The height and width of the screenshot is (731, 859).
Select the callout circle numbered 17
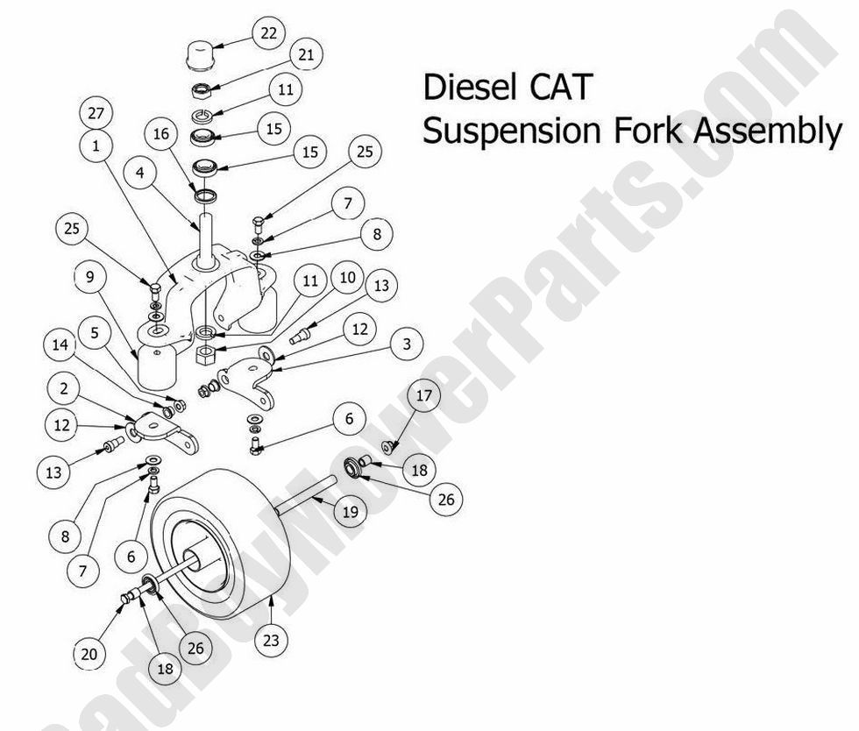(x=423, y=396)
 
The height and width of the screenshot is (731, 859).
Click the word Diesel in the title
(x=470, y=88)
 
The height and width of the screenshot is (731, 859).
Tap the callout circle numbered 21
(x=307, y=55)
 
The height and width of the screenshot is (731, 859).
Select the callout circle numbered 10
(x=347, y=278)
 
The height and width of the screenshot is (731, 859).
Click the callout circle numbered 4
(x=139, y=174)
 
